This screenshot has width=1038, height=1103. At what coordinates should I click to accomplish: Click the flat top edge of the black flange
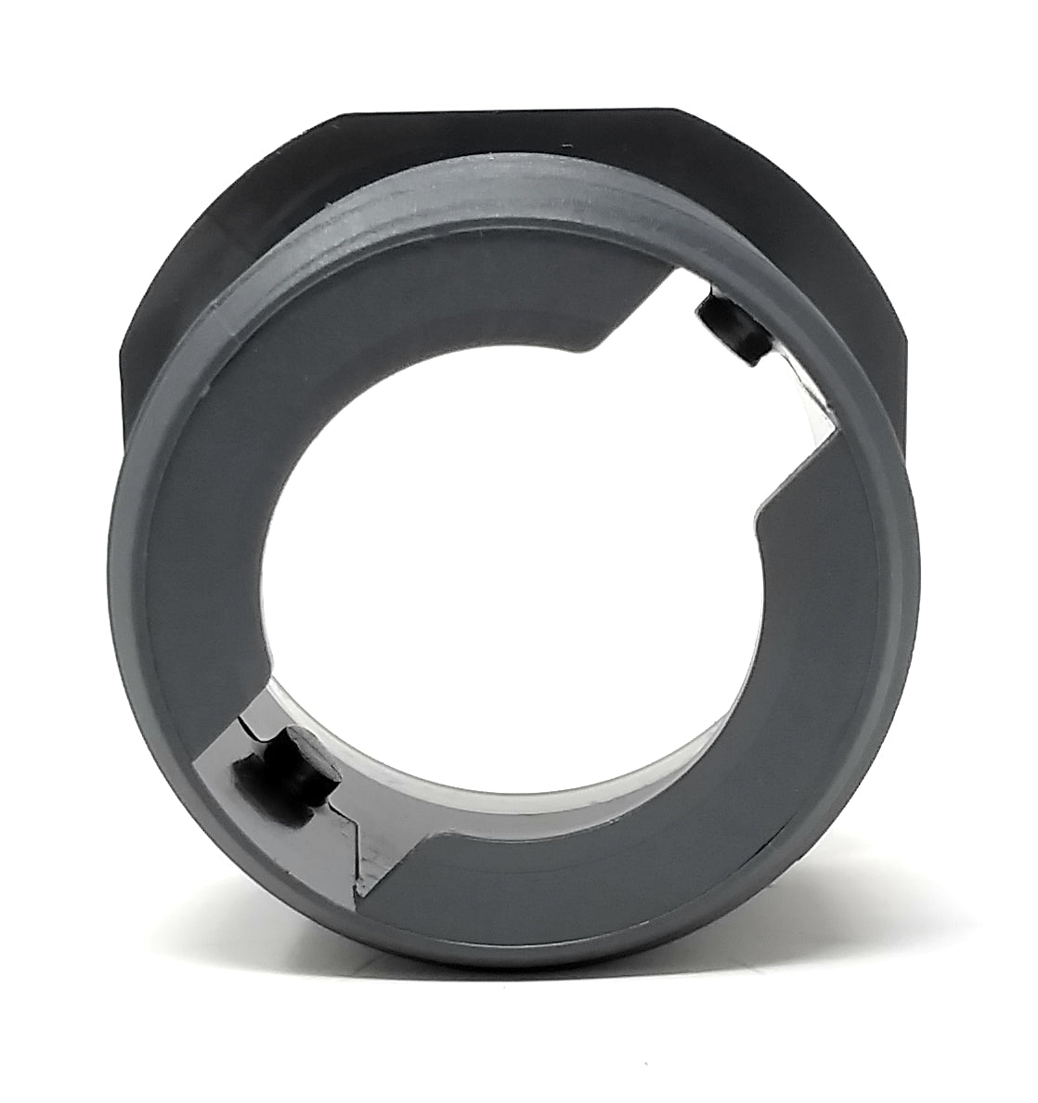tap(520, 115)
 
